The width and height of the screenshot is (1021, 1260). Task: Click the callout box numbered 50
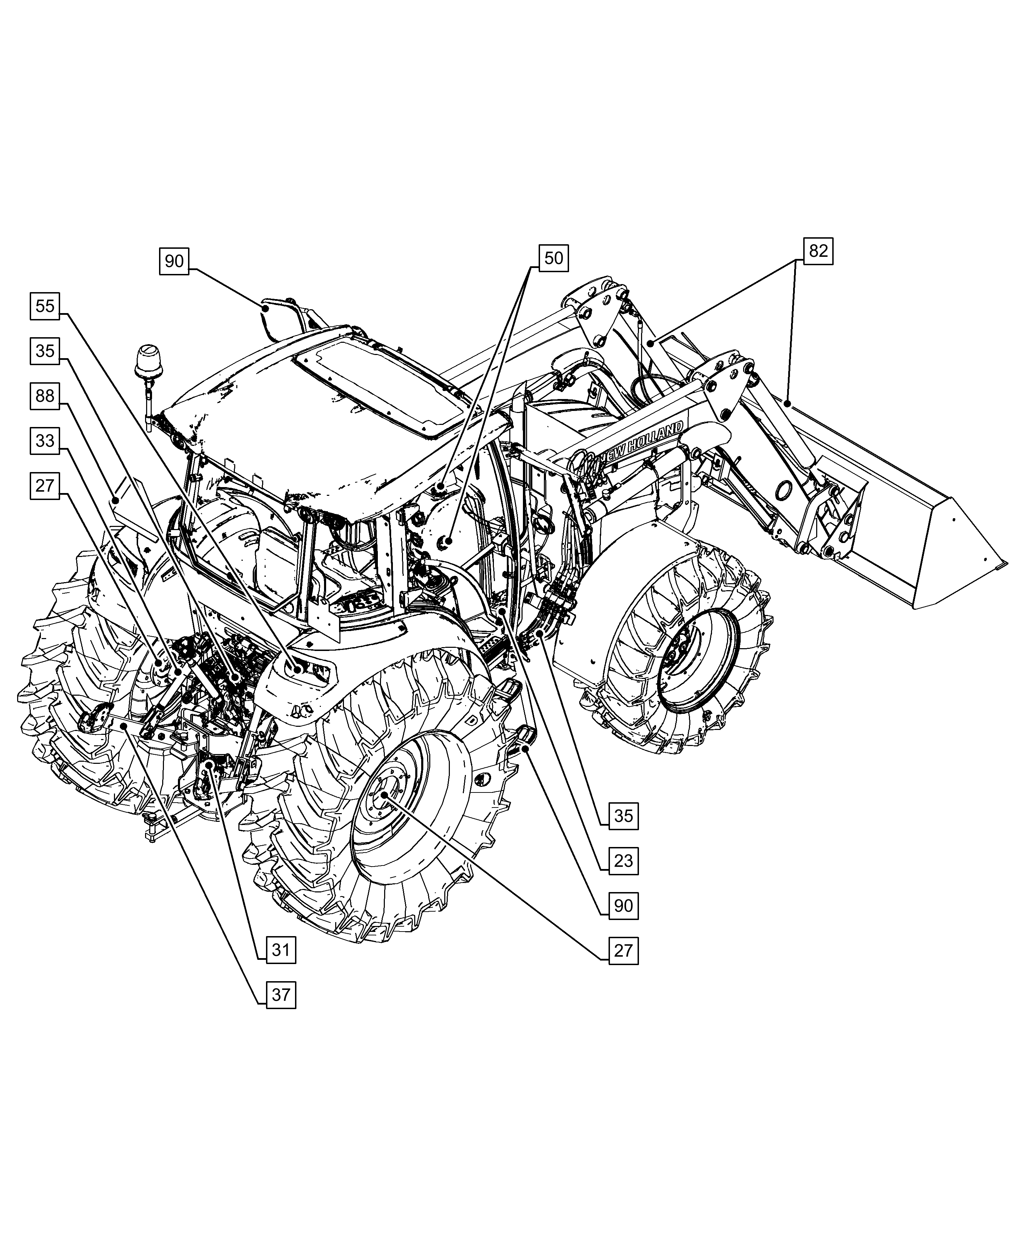553,258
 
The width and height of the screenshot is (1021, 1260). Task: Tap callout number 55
45,306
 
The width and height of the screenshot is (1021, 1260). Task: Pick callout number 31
281,950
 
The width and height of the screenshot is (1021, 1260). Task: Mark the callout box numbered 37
281,995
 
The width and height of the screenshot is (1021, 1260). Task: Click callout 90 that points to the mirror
174,260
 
